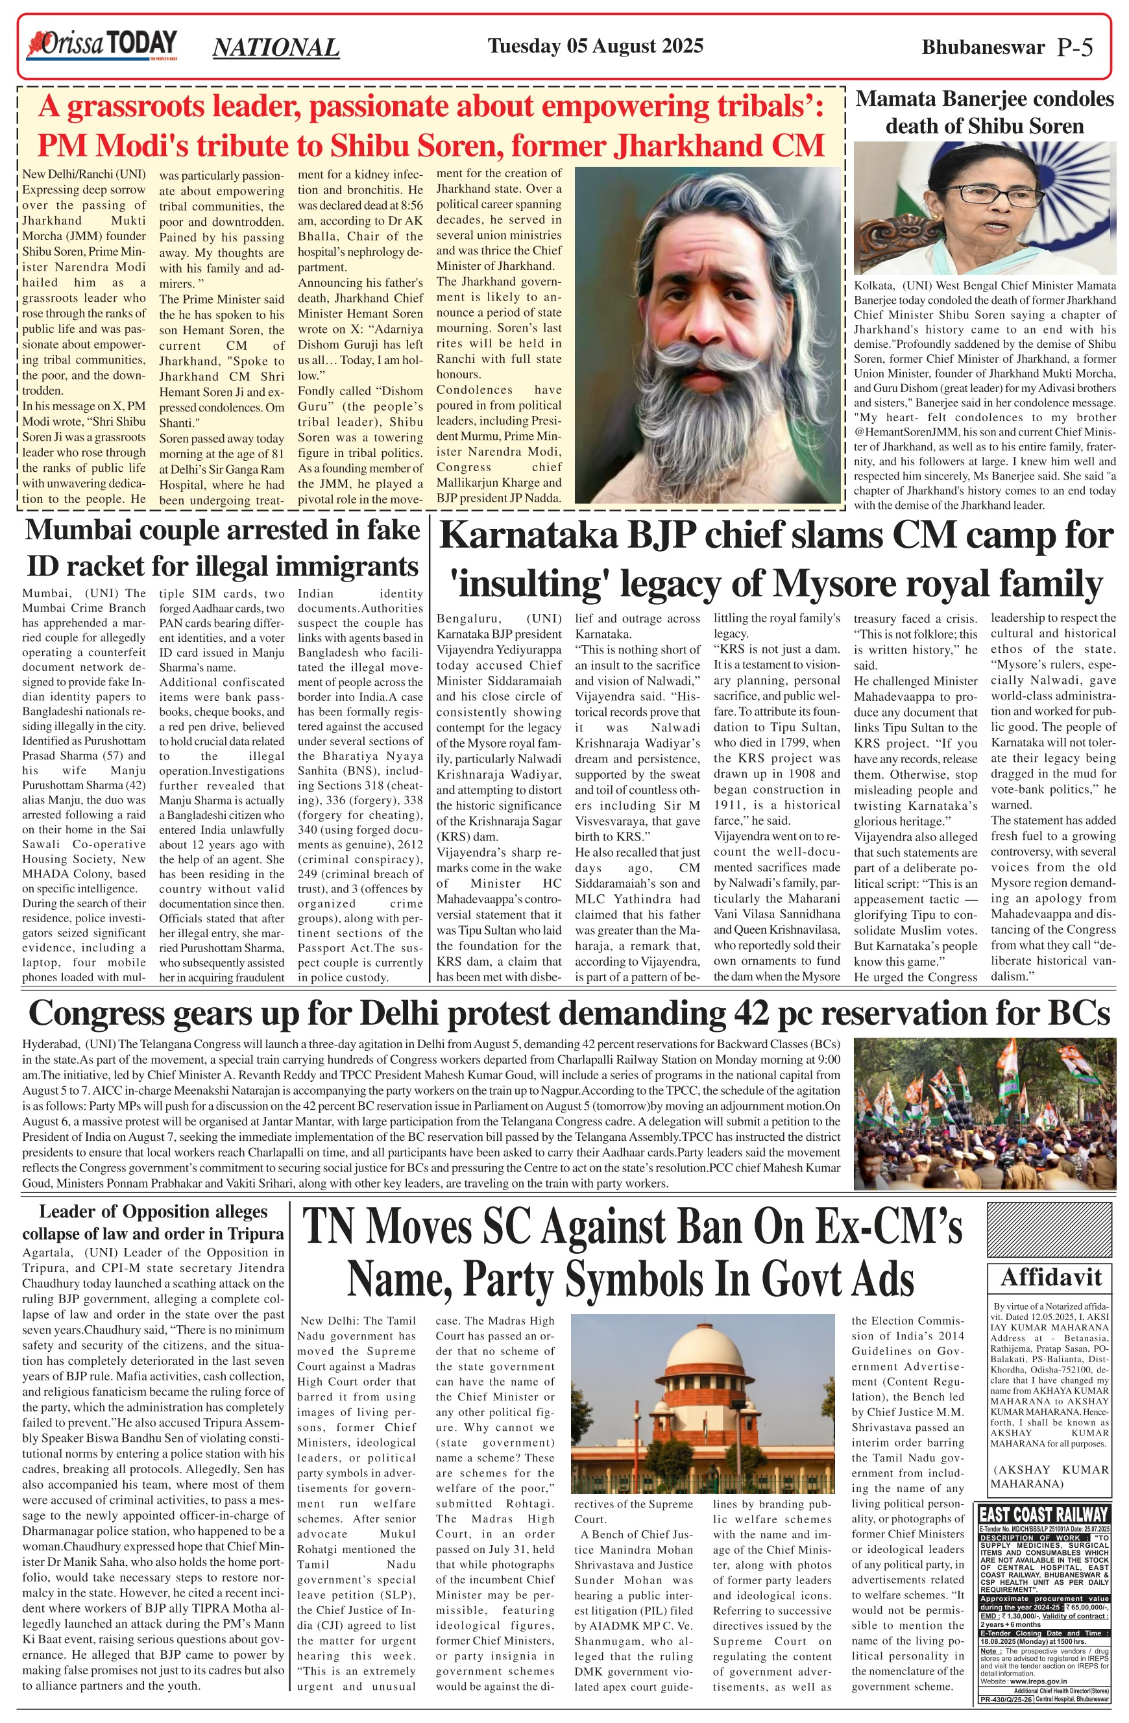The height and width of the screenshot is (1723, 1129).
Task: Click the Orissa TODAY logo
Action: click(x=101, y=45)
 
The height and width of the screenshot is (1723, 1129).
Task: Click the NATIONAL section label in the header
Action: click(x=276, y=48)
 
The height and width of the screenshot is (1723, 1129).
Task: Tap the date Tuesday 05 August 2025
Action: click(x=595, y=46)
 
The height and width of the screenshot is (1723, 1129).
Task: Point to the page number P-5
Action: click(x=1074, y=48)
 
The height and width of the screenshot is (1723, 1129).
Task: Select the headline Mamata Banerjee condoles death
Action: click(x=984, y=112)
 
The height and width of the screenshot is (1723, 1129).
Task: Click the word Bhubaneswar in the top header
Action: click(x=983, y=48)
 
